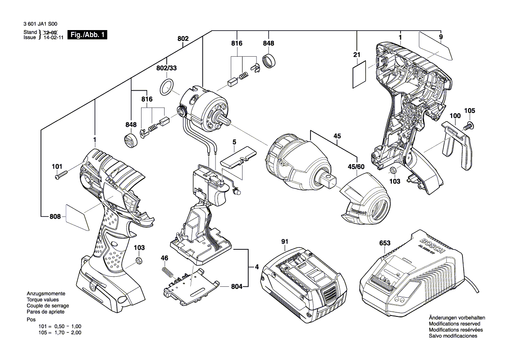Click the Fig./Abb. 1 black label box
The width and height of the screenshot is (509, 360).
(87, 35)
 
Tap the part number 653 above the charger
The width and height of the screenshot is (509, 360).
(384, 243)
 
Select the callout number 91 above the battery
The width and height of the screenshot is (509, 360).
(285, 241)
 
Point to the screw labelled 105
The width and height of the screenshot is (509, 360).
(469, 125)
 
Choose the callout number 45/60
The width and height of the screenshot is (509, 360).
(356, 166)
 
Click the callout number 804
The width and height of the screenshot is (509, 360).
(236, 287)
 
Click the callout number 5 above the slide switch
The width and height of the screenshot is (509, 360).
(234, 142)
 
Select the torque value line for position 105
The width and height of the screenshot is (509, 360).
(60, 333)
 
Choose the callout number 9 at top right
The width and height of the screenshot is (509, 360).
(441, 37)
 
